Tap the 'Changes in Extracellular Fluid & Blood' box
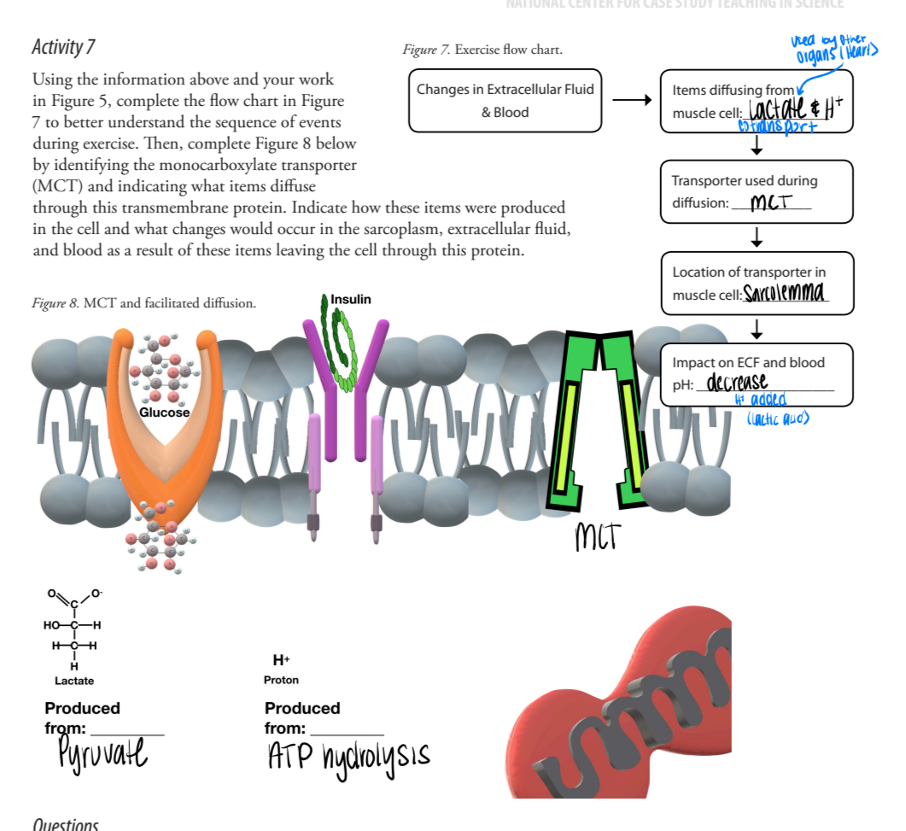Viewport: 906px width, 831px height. [x=505, y=101]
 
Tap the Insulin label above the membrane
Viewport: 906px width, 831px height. [x=350, y=299]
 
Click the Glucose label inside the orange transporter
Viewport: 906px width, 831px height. [x=165, y=413]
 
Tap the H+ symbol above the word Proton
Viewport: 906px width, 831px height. [x=281, y=660]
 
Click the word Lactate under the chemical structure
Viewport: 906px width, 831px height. [x=74, y=681]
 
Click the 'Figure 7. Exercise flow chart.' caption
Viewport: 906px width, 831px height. [x=482, y=50]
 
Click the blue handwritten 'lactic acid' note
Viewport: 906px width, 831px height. [x=777, y=417]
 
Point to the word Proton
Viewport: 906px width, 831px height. [x=281, y=681]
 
